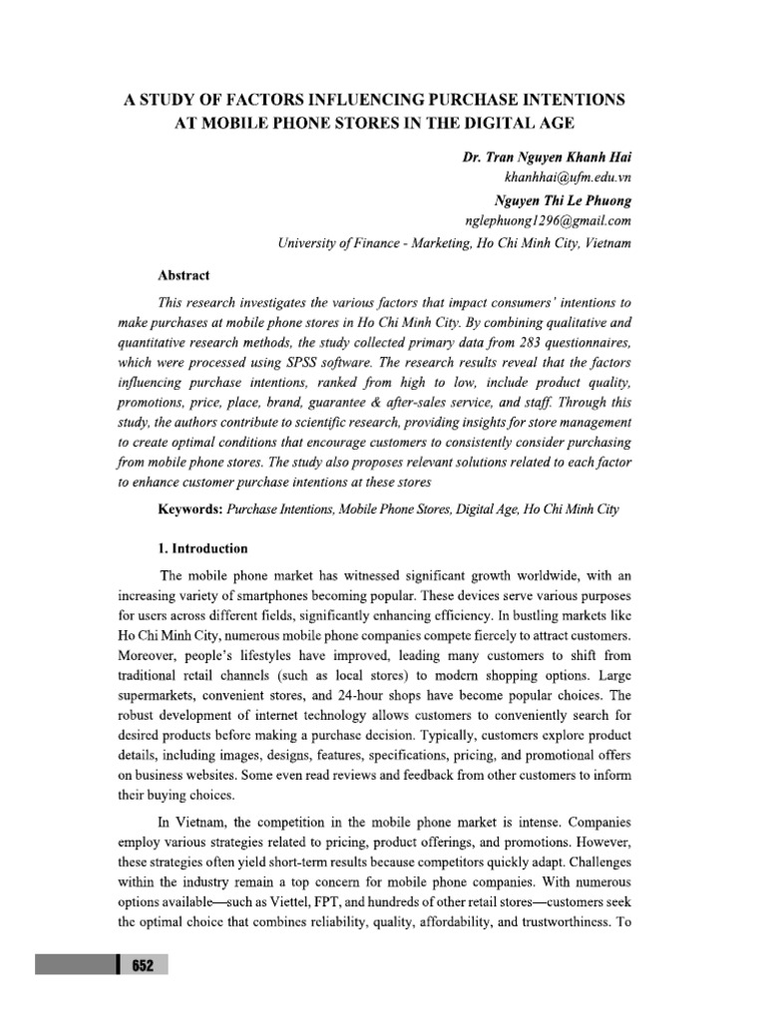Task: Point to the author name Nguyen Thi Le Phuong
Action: tap(562, 199)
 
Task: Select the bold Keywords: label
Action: tap(191, 510)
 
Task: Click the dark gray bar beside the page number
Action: tap(76, 965)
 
